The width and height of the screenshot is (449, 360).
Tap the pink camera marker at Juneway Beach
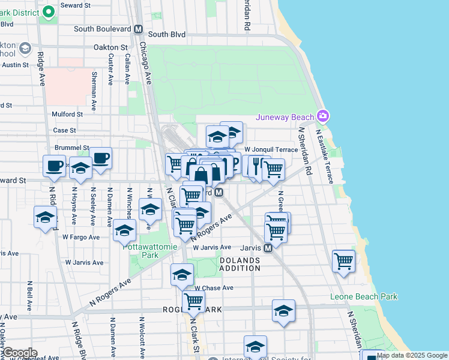[324, 115]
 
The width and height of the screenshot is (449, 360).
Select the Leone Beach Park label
[364, 296]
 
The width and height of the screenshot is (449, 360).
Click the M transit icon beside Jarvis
[268, 247]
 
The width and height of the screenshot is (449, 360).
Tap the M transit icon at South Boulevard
[139, 29]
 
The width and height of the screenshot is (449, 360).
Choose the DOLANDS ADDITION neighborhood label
[240, 264]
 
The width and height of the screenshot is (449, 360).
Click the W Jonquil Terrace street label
[271, 149]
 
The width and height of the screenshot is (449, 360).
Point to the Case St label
[65, 130]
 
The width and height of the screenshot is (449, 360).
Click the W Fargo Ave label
[81, 237]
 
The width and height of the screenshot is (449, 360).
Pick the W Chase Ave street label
[213, 288]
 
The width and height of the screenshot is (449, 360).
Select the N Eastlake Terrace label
[328, 156]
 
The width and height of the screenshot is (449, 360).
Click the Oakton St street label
[111, 47]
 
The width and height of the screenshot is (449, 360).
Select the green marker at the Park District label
[49, 12]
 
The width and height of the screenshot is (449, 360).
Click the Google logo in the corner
[19, 352]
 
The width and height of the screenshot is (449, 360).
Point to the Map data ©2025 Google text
[412, 355]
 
